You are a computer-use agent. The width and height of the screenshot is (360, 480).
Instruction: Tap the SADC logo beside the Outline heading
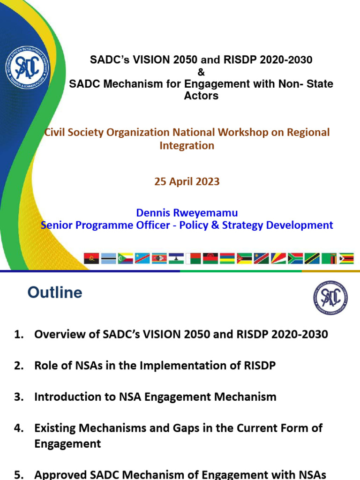coord(331,297)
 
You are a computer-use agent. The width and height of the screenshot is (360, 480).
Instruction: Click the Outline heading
coord(55,292)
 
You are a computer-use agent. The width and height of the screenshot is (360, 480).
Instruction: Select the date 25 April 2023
coord(187,181)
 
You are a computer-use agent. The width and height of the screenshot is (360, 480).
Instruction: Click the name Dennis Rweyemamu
coord(187,213)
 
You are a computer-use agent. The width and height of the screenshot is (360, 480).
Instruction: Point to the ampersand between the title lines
coord(201,72)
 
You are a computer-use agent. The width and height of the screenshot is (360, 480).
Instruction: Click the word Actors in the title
coord(201,96)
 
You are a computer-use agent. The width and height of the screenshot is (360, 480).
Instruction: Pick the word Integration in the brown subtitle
coord(187,145)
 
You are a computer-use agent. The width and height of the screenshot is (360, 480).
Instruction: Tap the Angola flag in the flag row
coord(91,258)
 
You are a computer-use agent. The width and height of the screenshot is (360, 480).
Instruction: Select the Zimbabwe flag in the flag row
coord(346,258)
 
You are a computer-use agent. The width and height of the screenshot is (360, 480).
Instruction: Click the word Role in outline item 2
coord(45,366)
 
